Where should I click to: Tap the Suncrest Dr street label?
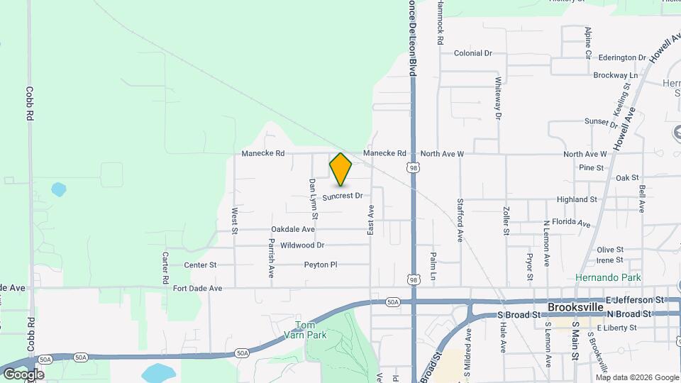pyautogui.click(x=343, y=196)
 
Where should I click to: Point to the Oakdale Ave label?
pyautogui.click(x=292, y=229)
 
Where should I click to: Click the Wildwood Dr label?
pyautogui.click(x=302, y=245)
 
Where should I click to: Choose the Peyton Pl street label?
pyautogui.click(x=320, y=265)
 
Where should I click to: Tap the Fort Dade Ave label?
pyautogui.click(x=197, y=288)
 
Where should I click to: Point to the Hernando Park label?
pyautogui.click(x=608, y=277)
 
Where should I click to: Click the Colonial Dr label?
pyautogui.click(x=473, y=53)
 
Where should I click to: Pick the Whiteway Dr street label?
pyautogui.click(x=499, y=97)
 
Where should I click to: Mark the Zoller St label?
pyautogui.click(x=506, y=221)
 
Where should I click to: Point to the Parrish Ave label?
pyautogui.click(x=271, y=252)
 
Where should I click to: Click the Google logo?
pyautogui.click(x=23, y=374)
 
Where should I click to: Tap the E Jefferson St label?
pyautogui.click(x=635, y=300)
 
